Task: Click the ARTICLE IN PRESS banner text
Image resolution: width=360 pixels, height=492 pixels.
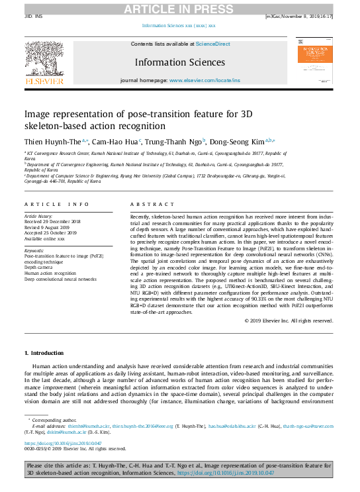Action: (180, 7)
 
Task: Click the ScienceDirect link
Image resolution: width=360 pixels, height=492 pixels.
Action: (212, 43)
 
